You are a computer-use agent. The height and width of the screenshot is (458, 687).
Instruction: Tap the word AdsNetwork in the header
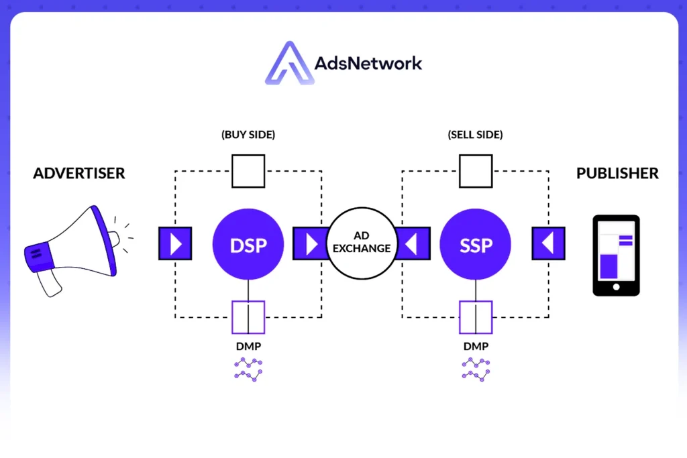click(368, 64)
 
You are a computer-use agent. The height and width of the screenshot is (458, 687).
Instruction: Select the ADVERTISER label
click(79, 174)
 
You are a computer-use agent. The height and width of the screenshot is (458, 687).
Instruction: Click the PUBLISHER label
click(617, 174)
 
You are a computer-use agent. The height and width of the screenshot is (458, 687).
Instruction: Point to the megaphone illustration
click(72, 248)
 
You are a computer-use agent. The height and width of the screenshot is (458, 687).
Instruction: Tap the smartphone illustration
click(616, 255)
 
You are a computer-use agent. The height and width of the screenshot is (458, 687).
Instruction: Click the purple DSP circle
click(248, 244)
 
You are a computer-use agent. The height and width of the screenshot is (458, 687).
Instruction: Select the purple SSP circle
click(475, 244)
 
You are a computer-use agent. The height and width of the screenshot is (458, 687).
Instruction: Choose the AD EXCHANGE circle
click(362, 243)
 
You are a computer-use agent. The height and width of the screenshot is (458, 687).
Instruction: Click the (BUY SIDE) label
click(248, 135)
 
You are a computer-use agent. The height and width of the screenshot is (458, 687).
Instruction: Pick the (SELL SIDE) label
click(475, 135)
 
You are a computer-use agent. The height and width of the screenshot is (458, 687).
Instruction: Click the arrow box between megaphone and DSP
click(175, 243)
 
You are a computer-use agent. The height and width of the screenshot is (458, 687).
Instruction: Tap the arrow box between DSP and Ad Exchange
click(310, 243)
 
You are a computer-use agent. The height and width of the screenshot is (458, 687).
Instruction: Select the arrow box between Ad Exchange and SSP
click(414, 243)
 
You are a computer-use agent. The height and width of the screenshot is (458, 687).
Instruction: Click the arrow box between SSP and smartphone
click(548, 243)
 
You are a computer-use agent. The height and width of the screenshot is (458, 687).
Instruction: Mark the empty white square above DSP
click(248, 171)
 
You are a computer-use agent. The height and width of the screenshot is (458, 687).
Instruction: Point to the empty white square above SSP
click(475, 171)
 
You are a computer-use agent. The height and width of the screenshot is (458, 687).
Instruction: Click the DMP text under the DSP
click(248, 347)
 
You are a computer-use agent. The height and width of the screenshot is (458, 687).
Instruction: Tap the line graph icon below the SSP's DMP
click(476, 369)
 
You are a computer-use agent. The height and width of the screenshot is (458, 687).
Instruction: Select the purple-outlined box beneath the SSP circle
click(476, 317)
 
